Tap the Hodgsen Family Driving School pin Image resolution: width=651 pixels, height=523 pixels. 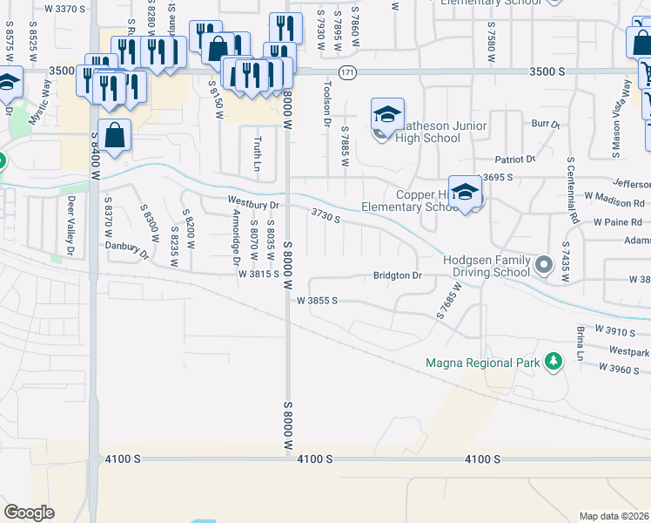click(x=545, y=263)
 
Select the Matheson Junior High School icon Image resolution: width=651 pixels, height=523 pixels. click(x=387, y=115)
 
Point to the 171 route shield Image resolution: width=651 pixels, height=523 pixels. click(x=348, y=71)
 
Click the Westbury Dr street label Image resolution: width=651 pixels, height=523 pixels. click(x=252, y=204)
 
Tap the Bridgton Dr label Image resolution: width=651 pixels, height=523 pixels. click(x=397, y=275)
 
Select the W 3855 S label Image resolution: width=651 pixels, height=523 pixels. click(x=316, y=300)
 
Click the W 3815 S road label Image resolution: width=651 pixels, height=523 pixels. click(x=258, y=274)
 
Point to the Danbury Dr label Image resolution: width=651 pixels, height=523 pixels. click(x=127, y=249)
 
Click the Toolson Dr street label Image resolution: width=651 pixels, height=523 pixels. click(x=327, y=107)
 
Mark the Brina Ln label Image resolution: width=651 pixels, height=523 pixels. click(x=579, y=343)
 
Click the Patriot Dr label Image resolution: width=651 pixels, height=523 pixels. click(x=515, y=160)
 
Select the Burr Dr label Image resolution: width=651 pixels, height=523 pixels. click(x=546, y=126)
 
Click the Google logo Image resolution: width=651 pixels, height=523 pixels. click(x=30, y=512)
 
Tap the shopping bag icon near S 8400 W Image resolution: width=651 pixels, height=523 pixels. click(x=114, y=135)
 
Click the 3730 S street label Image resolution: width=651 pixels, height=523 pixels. click(x=325, y=215)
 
